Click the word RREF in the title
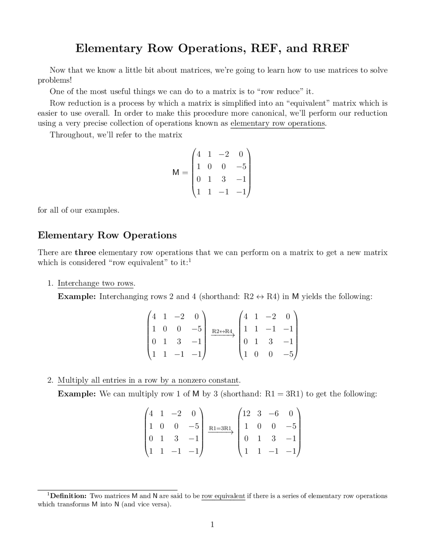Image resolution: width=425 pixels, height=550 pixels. pos(330,48)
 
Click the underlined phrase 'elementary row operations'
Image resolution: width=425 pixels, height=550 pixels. pos(278,123)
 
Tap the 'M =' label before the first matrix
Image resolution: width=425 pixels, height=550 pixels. pos(180,173)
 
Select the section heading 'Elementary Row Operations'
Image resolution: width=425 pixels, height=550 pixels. pos(107,235)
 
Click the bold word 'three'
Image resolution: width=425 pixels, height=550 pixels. pos(85,252)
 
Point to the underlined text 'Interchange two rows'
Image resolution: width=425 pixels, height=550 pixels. pos(96,283)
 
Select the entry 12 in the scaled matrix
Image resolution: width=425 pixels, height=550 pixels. pos(246,413)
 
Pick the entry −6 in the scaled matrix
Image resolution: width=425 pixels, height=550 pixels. pos(274,413)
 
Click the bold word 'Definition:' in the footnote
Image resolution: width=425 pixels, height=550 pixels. pos(68,496)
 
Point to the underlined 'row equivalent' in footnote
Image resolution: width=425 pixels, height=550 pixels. pos(223,496)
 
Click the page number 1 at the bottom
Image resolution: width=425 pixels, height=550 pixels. pos(212,524)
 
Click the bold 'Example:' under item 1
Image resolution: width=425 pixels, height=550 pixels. pos(77,297)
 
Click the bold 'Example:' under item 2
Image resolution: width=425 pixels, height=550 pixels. pos(77,394)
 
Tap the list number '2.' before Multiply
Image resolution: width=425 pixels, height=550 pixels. pos(50,380)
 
